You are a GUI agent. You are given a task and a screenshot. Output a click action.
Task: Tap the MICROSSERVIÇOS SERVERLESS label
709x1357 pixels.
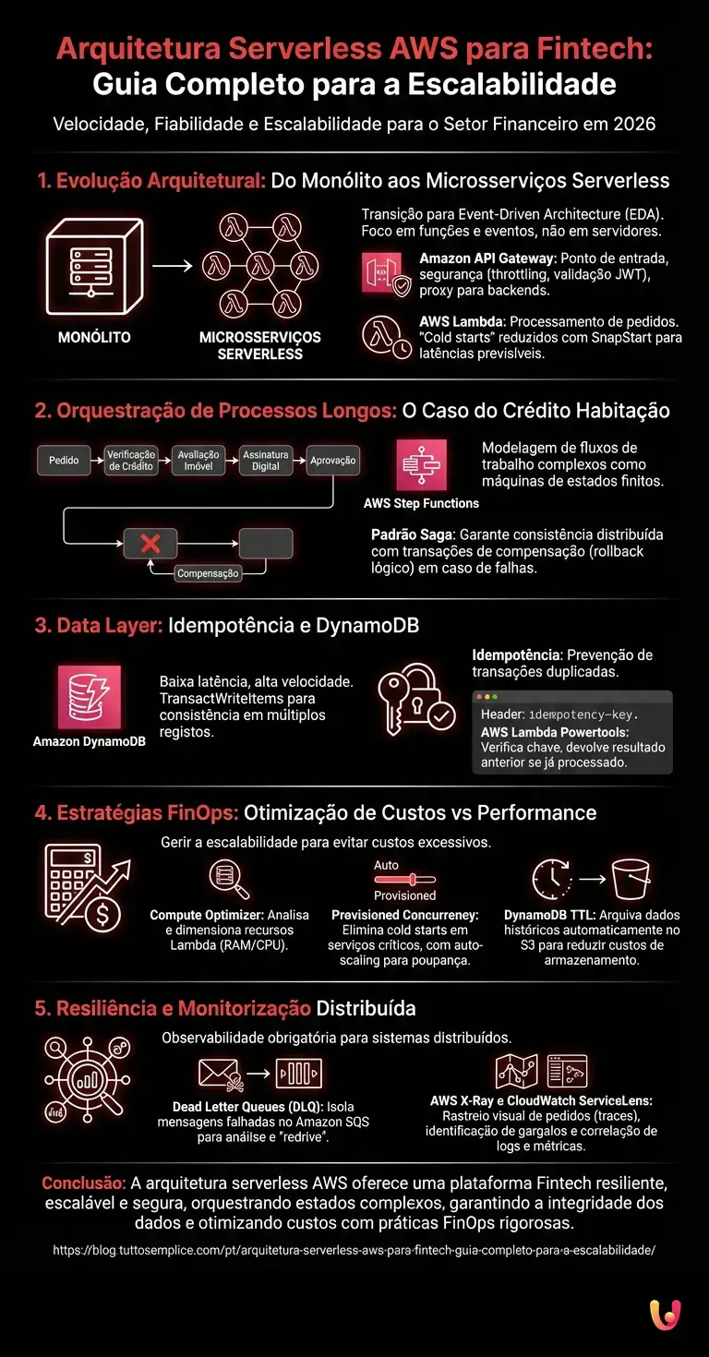pyautogui.click(x=260, y=344)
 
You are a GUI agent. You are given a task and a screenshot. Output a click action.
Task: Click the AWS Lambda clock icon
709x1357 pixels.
pyautogui.click(x=385, y=336)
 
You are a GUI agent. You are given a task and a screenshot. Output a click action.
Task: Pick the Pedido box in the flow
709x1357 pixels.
pyautogui.click(x=65, y=460)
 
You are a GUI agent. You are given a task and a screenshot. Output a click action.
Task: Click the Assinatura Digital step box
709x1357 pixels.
pyautogui.click(x=266, y=460)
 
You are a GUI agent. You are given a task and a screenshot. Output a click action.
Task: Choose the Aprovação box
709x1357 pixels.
pyautogui.click(x=332, y=460)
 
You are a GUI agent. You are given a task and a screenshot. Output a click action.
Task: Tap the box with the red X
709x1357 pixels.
pyautogui.click(x=150, y=544)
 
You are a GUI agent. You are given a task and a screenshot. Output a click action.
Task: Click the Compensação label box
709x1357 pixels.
pyautogui.click(x=209, y=573)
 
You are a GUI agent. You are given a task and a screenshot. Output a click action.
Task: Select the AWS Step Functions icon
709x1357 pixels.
pyautogui.click(x=421, y=464)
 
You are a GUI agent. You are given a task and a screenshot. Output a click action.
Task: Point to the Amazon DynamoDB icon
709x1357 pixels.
pyautogui.click(x=89, y=697)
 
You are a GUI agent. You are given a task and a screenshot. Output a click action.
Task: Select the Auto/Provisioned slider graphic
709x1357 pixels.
pyautogui.click(x=404, y=881)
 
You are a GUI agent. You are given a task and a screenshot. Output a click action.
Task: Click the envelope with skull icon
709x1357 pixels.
pyautogui.click(x=220, y=1074)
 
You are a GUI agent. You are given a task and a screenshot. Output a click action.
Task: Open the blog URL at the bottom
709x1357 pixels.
pyautogui.click(x=354, y=1250)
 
